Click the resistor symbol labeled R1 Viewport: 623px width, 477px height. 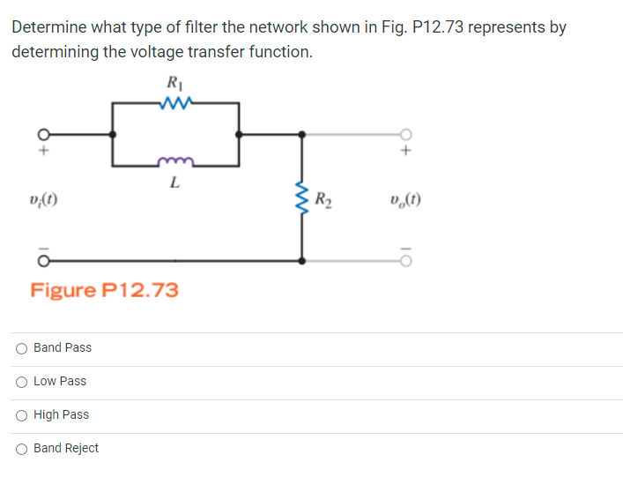click(x=175, y=103)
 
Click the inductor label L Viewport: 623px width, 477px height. click(x=175, y=184)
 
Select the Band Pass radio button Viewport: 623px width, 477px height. click(x=20, y=348)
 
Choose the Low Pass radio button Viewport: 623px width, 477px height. click(x=20, y=382)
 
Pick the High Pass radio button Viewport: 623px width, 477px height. click(x=20, y=415)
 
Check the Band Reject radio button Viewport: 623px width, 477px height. click(x=20, y=449)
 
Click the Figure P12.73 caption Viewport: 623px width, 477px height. click(x=104, y=289)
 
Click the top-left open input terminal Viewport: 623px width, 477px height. click(x=40, y=135)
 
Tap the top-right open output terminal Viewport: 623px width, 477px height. click(x=406, y=135)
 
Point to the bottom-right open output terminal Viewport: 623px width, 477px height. click(x=406, y=262)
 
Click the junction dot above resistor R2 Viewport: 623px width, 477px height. click(x=302, y=135)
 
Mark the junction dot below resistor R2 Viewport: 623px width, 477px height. click(x=302, y=262)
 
